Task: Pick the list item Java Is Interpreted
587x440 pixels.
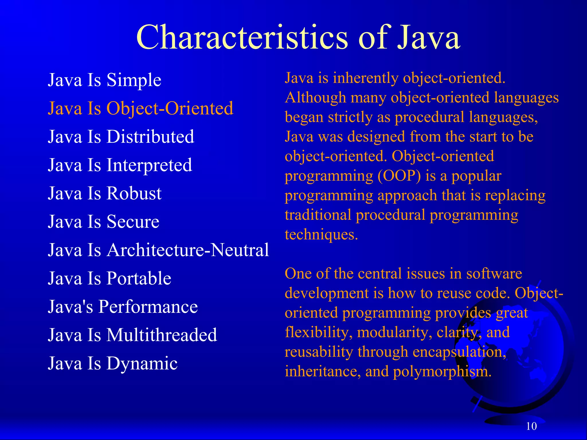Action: [x=120, y=165]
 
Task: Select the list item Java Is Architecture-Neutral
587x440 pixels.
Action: [x=158, y=250]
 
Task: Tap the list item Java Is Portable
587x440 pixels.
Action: [x=109, y=278]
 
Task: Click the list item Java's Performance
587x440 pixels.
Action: [x=123, y=307]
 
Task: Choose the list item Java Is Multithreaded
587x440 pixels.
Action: [x=132, y=335]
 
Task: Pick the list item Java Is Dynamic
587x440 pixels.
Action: [x=113, y=363]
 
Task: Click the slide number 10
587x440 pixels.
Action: [x=531, y=426]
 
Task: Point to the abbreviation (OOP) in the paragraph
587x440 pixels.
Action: [x=399, y=176]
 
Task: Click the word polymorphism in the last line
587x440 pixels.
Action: [x=442, y=372]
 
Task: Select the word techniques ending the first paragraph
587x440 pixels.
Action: [x=321, y=235]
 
